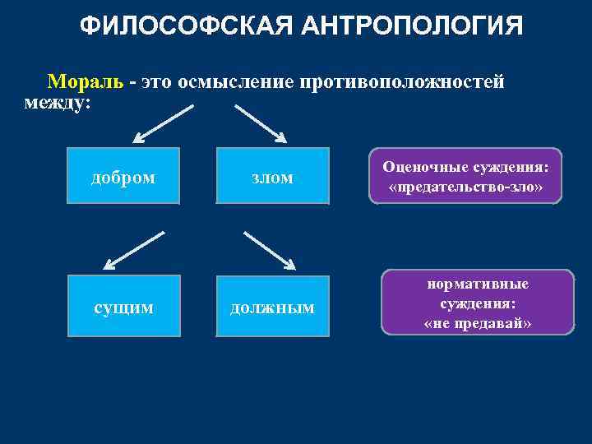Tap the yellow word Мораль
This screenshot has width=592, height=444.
tap(86, 82)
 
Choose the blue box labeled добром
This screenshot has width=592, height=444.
tap(123, 176)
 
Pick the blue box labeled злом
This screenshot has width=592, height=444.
tap(272, 176)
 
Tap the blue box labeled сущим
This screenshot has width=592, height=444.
tap(123, 308)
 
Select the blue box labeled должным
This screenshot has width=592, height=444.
tap(272, 308)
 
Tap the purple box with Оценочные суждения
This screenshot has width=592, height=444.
tap(465, 176)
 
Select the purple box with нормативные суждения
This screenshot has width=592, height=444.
tap(478, 303)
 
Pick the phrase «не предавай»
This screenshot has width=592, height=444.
tap(478, 323)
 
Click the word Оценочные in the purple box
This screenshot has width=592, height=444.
tap(420, 168)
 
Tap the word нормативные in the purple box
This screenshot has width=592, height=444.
tap(478, 284)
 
